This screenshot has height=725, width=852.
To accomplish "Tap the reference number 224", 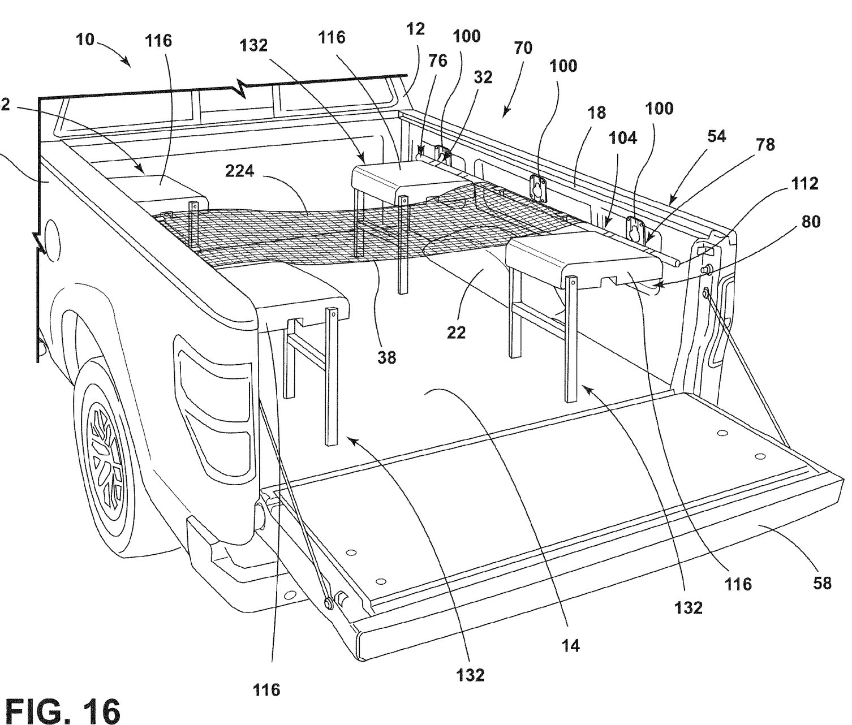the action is [x=239, y=171].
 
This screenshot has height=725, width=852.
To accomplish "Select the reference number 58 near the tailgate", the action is [x=823, y=583].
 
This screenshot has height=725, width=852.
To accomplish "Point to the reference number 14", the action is [x=570, y=645].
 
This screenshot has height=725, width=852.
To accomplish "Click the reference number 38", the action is [x=386, y=357].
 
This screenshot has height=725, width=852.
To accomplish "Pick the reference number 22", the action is [x=457, y=332].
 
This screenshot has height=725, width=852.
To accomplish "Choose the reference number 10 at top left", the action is [x=85, y=40].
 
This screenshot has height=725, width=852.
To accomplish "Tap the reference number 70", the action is [x=523, y=48].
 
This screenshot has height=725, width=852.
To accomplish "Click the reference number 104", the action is [x=623, y=138].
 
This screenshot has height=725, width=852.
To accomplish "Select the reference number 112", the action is [x=804, y=184].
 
